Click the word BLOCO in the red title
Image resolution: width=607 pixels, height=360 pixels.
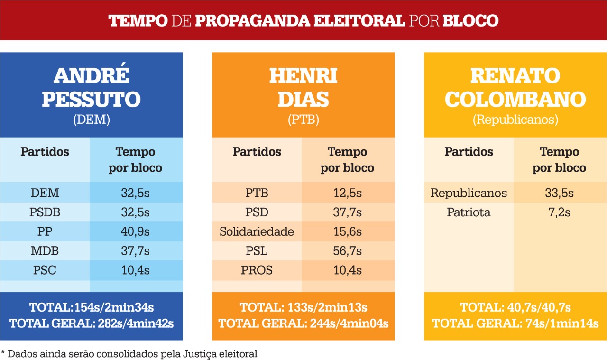pos(470,21)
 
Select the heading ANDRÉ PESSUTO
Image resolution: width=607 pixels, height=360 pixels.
pos(91,88)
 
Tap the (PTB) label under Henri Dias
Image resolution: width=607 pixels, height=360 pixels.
pos(303,120)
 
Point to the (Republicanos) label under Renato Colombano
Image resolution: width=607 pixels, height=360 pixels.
pos(515,120)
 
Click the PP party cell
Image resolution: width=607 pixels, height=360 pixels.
pos(45,232)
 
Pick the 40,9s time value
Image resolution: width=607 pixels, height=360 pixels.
pos(135,232)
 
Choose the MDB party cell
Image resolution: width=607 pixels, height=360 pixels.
pos(45,251)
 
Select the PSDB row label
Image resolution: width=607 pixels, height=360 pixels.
pos(45,212)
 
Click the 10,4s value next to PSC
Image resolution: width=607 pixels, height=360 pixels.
pos(135,270)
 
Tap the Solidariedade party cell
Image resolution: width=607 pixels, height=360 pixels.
pos(257,232)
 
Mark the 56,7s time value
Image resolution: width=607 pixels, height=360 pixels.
pos(347,251)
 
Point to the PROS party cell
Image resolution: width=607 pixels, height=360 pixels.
pos(257,270)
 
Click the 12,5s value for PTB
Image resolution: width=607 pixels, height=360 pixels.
pos(347,193)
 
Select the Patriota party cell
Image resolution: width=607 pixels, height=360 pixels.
pos(469,212)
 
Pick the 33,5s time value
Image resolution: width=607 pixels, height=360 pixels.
pos(559,193)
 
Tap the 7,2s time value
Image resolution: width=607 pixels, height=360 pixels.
pos(559,212)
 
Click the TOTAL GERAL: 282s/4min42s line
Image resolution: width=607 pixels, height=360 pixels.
pos(91,324)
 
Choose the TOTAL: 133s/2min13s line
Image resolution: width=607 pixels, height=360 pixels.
pos(303,307)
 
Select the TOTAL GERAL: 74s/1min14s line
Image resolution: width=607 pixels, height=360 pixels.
pos(515,324)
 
